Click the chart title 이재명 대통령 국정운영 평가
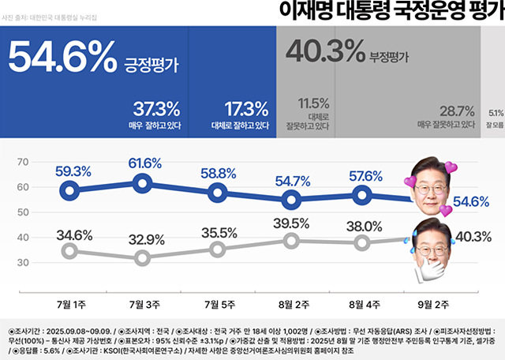click(391, 13)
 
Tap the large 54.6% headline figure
click(62, 58)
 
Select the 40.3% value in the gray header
click(323, 53)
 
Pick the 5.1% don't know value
click(496, 112)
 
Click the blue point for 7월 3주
click(143, 183)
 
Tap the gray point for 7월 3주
click(143, 258)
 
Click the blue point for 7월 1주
click(70, 189)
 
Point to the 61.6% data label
click(144, 164)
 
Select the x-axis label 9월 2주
click(433, 303)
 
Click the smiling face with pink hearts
click(430, 188)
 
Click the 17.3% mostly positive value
click(246, 108)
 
